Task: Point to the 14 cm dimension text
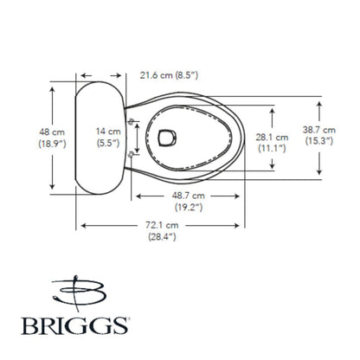coord(108,131)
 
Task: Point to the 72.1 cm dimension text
coord(162,225)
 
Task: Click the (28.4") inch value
coord(162,236)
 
